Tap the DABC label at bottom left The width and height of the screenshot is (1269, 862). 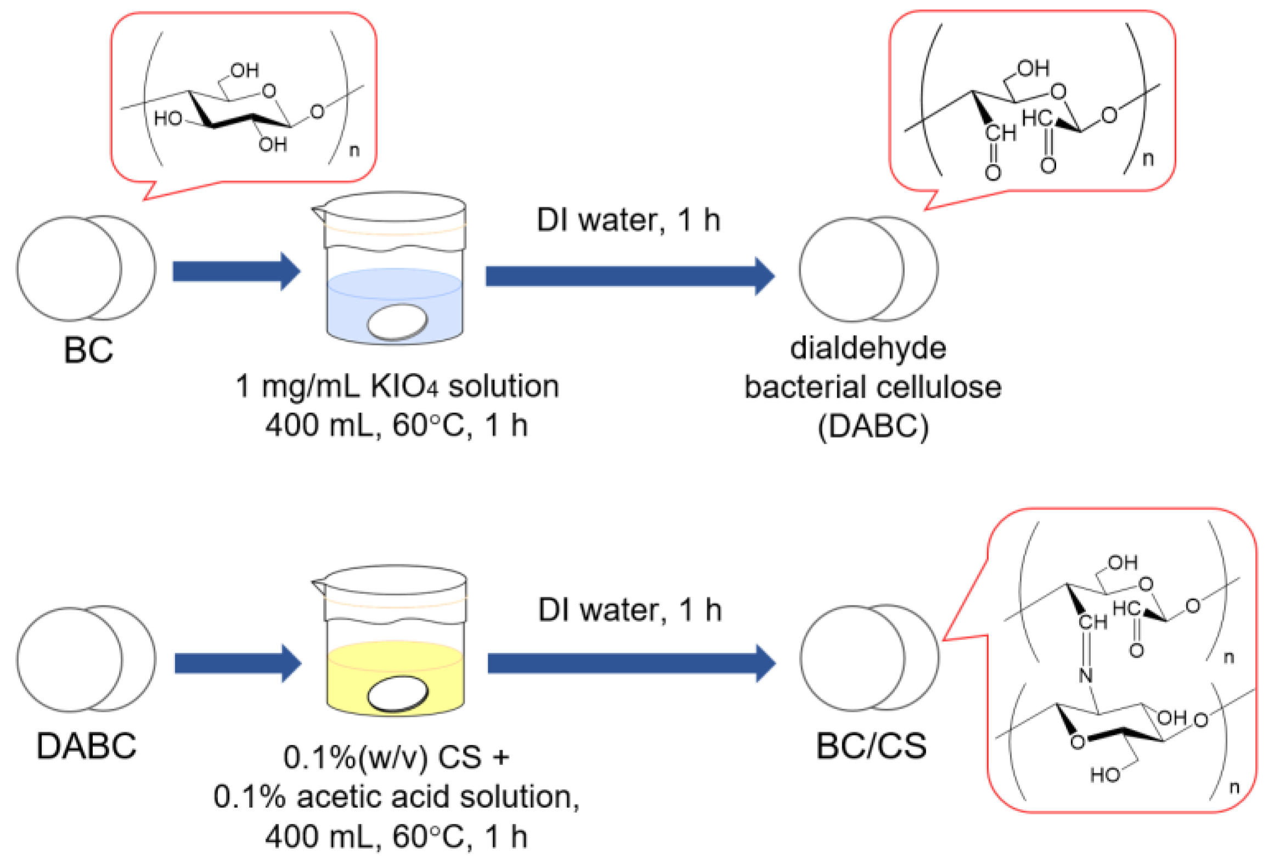point(86,746)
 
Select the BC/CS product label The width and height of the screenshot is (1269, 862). point(871,746)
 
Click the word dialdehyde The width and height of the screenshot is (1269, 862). point(868,348)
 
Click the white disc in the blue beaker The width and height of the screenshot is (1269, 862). point(397,322)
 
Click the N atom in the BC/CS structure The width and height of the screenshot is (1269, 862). point(1086,676)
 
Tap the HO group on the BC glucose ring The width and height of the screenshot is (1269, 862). point(168,118)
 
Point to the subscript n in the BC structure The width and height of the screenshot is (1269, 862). point(354,150)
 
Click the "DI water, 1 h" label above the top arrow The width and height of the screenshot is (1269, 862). point(628,221)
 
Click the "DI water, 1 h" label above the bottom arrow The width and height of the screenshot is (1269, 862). point(629,611)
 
